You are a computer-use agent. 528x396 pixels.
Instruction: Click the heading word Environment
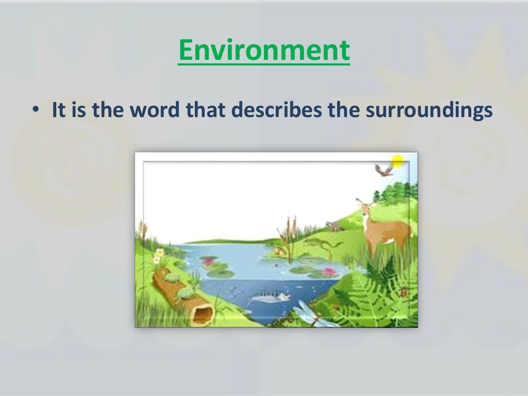263,51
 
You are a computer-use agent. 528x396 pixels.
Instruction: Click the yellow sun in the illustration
398,161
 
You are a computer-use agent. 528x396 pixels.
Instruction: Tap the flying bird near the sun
383,170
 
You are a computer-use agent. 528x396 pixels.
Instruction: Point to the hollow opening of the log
203,312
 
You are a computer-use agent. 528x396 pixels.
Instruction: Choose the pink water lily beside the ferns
328,272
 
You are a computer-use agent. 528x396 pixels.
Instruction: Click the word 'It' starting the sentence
58,111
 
